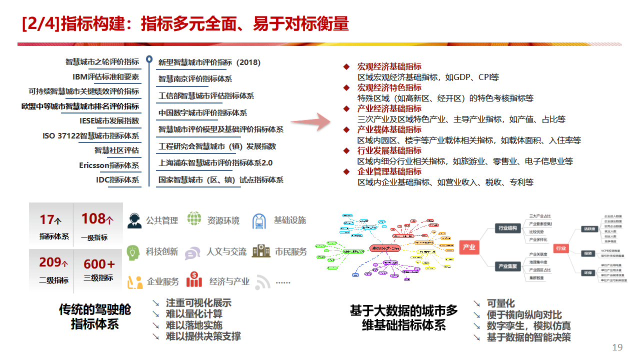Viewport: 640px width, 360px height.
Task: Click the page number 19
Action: pos(617,347)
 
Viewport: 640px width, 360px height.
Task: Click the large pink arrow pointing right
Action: pos(311,121)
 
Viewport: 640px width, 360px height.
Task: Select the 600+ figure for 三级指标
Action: pos(99,264)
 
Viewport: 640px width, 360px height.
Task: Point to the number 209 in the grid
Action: pos(50,262)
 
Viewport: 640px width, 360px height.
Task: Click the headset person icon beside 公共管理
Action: pos(134,220)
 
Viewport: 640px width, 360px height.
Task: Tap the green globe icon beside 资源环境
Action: pos(194,219)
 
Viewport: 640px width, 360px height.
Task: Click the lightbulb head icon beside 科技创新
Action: pos(133,252)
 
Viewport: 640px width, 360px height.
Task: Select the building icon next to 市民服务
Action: pos(261,251)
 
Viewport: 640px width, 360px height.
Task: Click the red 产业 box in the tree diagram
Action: pos(469,247)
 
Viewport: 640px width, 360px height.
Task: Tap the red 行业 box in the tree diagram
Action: pos(560,248)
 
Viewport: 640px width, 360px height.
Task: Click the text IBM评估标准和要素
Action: pos(105,77)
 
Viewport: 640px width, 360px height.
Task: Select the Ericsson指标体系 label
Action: pos(109,165)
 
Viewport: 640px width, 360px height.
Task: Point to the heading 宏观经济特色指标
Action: pos(389,87)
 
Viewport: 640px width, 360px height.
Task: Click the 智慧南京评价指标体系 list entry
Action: pos(195,78)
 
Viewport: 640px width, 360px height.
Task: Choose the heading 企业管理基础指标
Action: pos(389,171)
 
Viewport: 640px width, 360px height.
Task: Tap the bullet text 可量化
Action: pos(500,303)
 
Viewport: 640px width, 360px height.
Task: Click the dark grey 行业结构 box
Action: pos(507,228)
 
